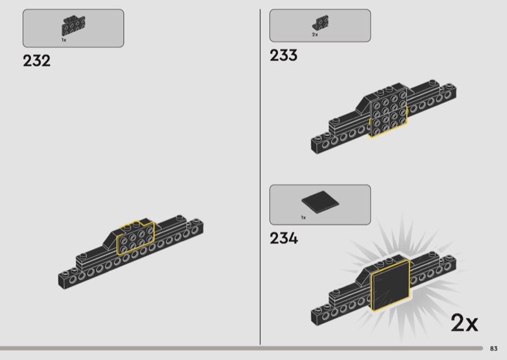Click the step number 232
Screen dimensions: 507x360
[x=36, y=61]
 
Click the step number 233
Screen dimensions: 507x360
[x=283, y=56]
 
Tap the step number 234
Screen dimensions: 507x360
[x=283, y=239]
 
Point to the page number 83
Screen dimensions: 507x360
[x=494, y=348]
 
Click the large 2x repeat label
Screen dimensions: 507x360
[x=464, y=323]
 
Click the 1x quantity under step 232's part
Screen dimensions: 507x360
[x=64, y=40]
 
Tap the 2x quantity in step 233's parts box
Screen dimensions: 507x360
[x=314, y=35]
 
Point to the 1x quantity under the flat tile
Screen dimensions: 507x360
[x=303, y=218]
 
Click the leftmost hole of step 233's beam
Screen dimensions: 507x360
[x=316, y=146]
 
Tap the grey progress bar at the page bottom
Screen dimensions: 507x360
[x=241, y=348]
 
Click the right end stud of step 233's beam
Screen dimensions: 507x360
[x=451, y=87]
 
